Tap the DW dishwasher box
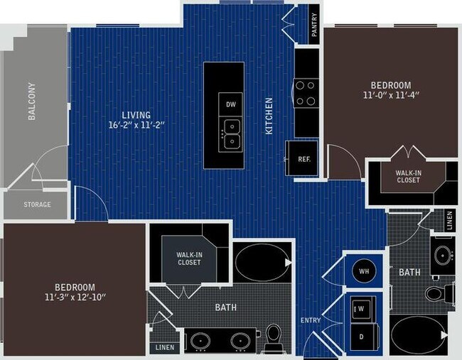(x=230, y=104)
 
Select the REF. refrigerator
(x=303, y=160)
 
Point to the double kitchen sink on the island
(x=231, y=135)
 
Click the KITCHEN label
(x=269, y=116)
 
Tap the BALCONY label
(x=32, y=102)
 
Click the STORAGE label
(x=37, y=204)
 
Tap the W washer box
(x=360, y=309)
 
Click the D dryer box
(x=360, y=334)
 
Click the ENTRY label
(x=311, y=320)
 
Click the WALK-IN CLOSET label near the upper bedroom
(x=408, y=175)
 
